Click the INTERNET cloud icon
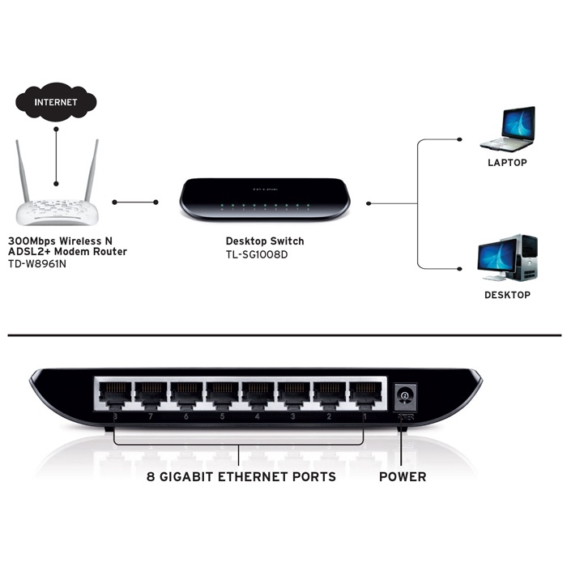point(56,103)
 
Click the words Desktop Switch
point(264,241)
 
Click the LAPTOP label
point(507,163)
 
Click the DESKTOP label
point(507,296)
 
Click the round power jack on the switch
point(403,396)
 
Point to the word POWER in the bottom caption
point(403,477)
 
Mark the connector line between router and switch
point(135,202)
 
